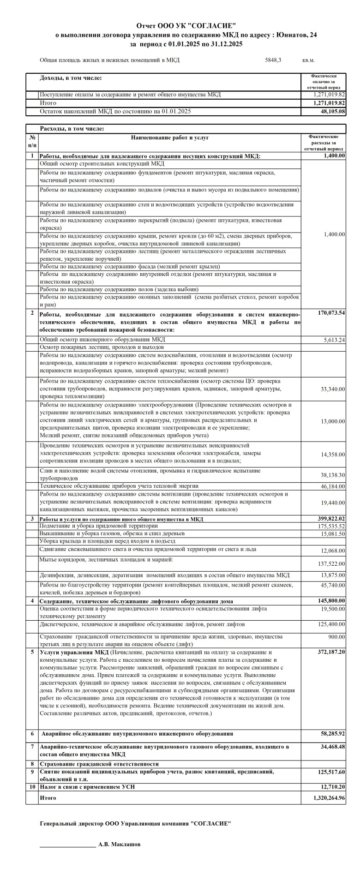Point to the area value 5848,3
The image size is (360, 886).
(x=273, y=60)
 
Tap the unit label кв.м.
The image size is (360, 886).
(x=309, y=60)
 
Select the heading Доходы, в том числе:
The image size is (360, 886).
(x=71, y=78)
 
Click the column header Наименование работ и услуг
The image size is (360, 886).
(x=170, y=138)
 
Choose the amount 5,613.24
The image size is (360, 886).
(x=333, y=340)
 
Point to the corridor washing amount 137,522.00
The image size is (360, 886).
(x=330, y=564)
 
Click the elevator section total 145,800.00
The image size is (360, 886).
(x=329, y=601)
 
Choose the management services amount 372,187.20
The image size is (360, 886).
(x=329, y=652)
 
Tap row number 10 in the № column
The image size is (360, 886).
(x=32, y=786)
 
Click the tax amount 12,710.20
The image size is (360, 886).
(x=330, y=786)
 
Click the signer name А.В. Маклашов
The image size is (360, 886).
(x=120, y=844)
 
